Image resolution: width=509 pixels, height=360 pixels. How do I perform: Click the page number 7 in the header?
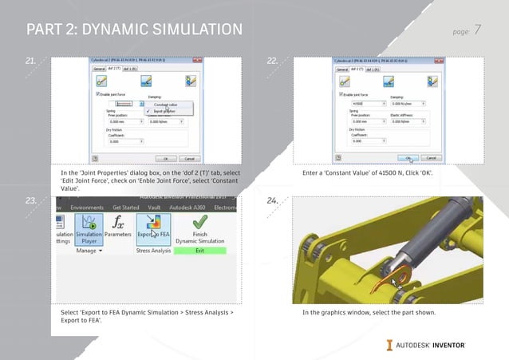click(477, 30)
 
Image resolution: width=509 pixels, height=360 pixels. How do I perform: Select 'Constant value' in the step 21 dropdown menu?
click(166, 105)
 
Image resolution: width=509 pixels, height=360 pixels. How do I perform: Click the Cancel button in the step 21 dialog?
click(189, 158)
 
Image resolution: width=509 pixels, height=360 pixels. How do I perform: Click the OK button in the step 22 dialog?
click(408, 158)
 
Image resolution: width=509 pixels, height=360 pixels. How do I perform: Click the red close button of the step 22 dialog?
click(439, 61)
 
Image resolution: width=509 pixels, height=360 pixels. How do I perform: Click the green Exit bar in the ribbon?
click(200, 251)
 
